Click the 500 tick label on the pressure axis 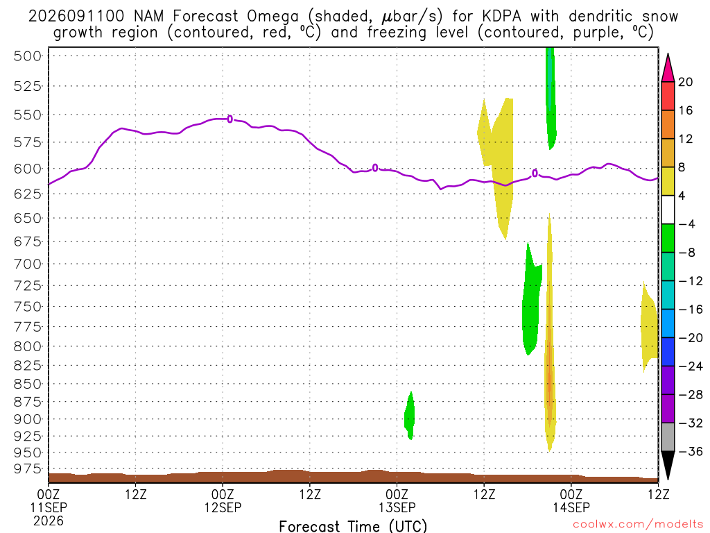tap(28, 56)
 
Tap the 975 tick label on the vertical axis tap(28, 468)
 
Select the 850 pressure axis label tap(28, 384)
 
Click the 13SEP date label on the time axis tap(397, 507)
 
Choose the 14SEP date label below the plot tap(571, 507)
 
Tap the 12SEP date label tap(223, 507)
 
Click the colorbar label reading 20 tap(685, 82)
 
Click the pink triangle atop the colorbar tap(668, 67)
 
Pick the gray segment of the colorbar tap(668, 437)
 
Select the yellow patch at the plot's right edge tap(649, 326)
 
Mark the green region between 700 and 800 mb tap(530, 304)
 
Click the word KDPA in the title tap(501, 17)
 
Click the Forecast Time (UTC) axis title tap(353, 526)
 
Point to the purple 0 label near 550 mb tap(230, 119)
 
